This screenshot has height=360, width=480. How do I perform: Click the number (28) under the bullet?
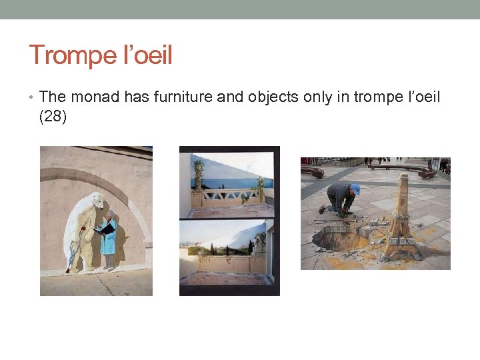[53, 117]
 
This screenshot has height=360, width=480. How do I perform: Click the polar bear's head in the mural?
[97, 200]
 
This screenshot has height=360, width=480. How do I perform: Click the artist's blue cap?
[355, 189]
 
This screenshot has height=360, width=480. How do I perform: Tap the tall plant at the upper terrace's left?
[198, 177]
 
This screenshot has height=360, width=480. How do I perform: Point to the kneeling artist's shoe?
[323, 209]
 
